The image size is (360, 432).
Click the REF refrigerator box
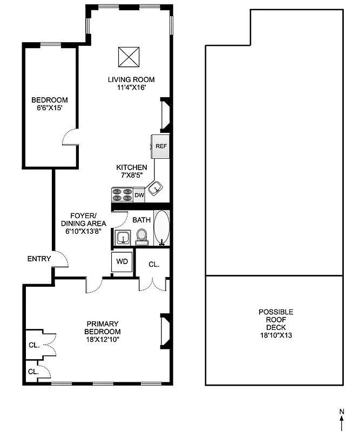pyautogui.click(x=160, y=146)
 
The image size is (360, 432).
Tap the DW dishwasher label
pyautogui.click(x=139, y=195)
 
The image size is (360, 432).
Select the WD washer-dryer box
pyautogui.click(x=123, y=261)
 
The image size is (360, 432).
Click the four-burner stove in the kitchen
pyautogui.click(x=122, y=194)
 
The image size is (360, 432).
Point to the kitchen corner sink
pyautogui.click(x=155, y=188)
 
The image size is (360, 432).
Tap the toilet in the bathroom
pyautogui.click(x=142, y=236)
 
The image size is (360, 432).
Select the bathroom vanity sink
pyautogui.click(x=122, y=237)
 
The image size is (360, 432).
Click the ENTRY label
pyautogui.click(x=39, y=259)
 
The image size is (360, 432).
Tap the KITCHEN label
pyautogui.click(x=132, y=167)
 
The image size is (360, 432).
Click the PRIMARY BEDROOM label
pyautogui.click(x=103, y=327)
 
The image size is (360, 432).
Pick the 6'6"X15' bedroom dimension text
pyautogui.click(x=49, y=108)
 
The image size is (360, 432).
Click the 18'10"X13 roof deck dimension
pyautogui.click(x=275, y=335)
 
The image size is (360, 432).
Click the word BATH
pyautogui.click(x=141, y=220)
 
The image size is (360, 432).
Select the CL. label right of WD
pyautogui.click(x=154, y=265)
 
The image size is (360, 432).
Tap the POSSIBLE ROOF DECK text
pyautogui.click(x=275, y=320)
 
